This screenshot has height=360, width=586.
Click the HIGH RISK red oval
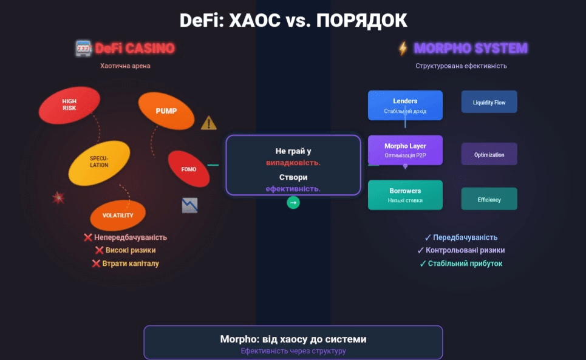69,104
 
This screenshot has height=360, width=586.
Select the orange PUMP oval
166,111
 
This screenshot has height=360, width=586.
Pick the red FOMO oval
189,169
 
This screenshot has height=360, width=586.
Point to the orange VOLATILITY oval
118,216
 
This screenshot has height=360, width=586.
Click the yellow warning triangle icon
208,123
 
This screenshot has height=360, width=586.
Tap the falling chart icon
189,205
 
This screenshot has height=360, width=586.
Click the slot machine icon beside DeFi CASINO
83,48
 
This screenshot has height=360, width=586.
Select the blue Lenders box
405,105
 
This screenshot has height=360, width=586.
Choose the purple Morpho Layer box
405,150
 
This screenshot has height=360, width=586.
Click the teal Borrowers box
405,195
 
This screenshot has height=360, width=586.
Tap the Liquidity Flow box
489,103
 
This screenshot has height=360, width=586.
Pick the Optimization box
489,154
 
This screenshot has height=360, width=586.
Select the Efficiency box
489,199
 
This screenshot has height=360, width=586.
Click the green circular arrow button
293,203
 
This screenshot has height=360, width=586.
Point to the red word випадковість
293,163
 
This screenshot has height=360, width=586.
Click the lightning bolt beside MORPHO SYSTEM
403,48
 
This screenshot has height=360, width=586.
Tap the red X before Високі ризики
99,250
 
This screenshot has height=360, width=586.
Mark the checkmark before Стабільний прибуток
423,263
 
